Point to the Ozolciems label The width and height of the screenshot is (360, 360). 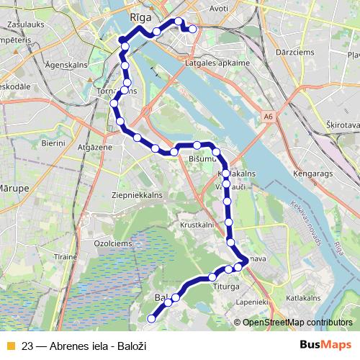pyautogui.click(x=111, y=243)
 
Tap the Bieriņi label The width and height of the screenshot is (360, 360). pyautogui.click(x=53, y=143)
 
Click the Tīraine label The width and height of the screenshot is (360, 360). pyautogui.click(x=65, y=256)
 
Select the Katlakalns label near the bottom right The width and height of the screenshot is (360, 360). pyautogui.click(x=302, y=297)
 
